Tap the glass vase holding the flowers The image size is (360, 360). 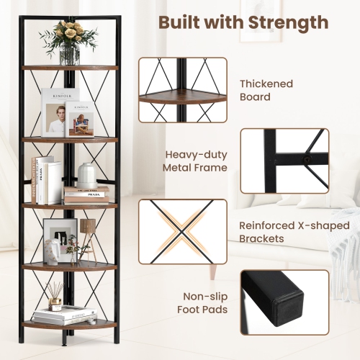70,55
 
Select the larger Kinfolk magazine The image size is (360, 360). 58,112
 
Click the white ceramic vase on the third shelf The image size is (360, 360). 86,174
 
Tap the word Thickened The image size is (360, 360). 266,84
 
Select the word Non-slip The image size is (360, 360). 203,296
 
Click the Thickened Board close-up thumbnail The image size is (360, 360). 182,89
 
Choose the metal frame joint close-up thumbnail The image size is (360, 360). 284,161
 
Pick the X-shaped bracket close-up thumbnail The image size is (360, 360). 182,231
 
